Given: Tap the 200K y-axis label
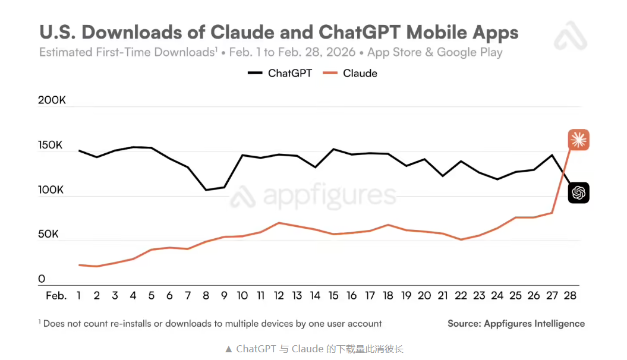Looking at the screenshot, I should [52, 100].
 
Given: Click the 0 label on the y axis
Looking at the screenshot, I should [42, 279].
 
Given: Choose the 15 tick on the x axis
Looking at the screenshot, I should [333, 295].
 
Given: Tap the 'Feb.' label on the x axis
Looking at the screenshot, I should [56, 295].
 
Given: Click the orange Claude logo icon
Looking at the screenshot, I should [578, 140].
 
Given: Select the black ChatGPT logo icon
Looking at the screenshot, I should [578, 192].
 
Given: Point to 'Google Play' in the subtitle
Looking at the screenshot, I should [470, 52].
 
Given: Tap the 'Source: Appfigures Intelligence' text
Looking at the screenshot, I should [516, 324].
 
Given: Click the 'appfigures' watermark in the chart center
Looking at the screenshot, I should [313, 196].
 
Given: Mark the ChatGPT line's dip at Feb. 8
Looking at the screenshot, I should [206, 190].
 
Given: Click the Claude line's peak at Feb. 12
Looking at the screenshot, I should [279, 223].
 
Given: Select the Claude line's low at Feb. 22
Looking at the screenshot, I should [461, 239].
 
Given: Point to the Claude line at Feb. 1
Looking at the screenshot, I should [79, 265].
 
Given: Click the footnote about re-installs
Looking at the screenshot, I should [210, 324].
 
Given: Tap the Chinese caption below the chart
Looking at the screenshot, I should [314, 349].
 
